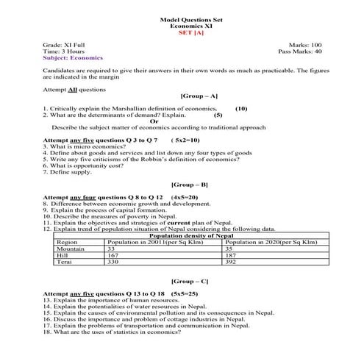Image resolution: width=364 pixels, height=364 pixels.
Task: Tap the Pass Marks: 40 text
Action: [299, 51]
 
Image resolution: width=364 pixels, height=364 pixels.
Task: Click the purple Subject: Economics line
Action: [74, 58]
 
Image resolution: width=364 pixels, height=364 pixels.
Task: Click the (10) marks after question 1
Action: [241, 108]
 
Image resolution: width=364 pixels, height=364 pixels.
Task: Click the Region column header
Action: [67, 242]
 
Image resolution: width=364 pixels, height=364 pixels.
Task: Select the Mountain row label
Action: [71, 249]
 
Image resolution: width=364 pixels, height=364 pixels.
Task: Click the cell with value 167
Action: [113, 255]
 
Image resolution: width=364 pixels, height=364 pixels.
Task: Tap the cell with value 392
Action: [232, 262]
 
